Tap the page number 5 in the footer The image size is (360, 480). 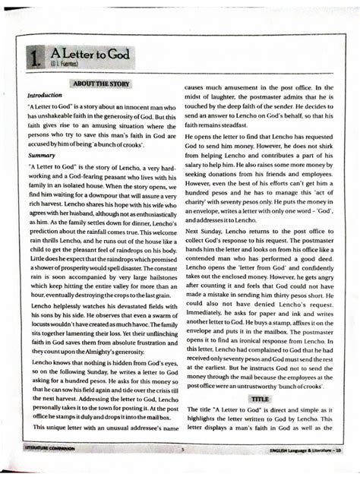pyautogui.click(x=182, y=450)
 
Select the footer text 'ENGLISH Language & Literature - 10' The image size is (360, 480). pyautogui.click(x=303, y=450)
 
